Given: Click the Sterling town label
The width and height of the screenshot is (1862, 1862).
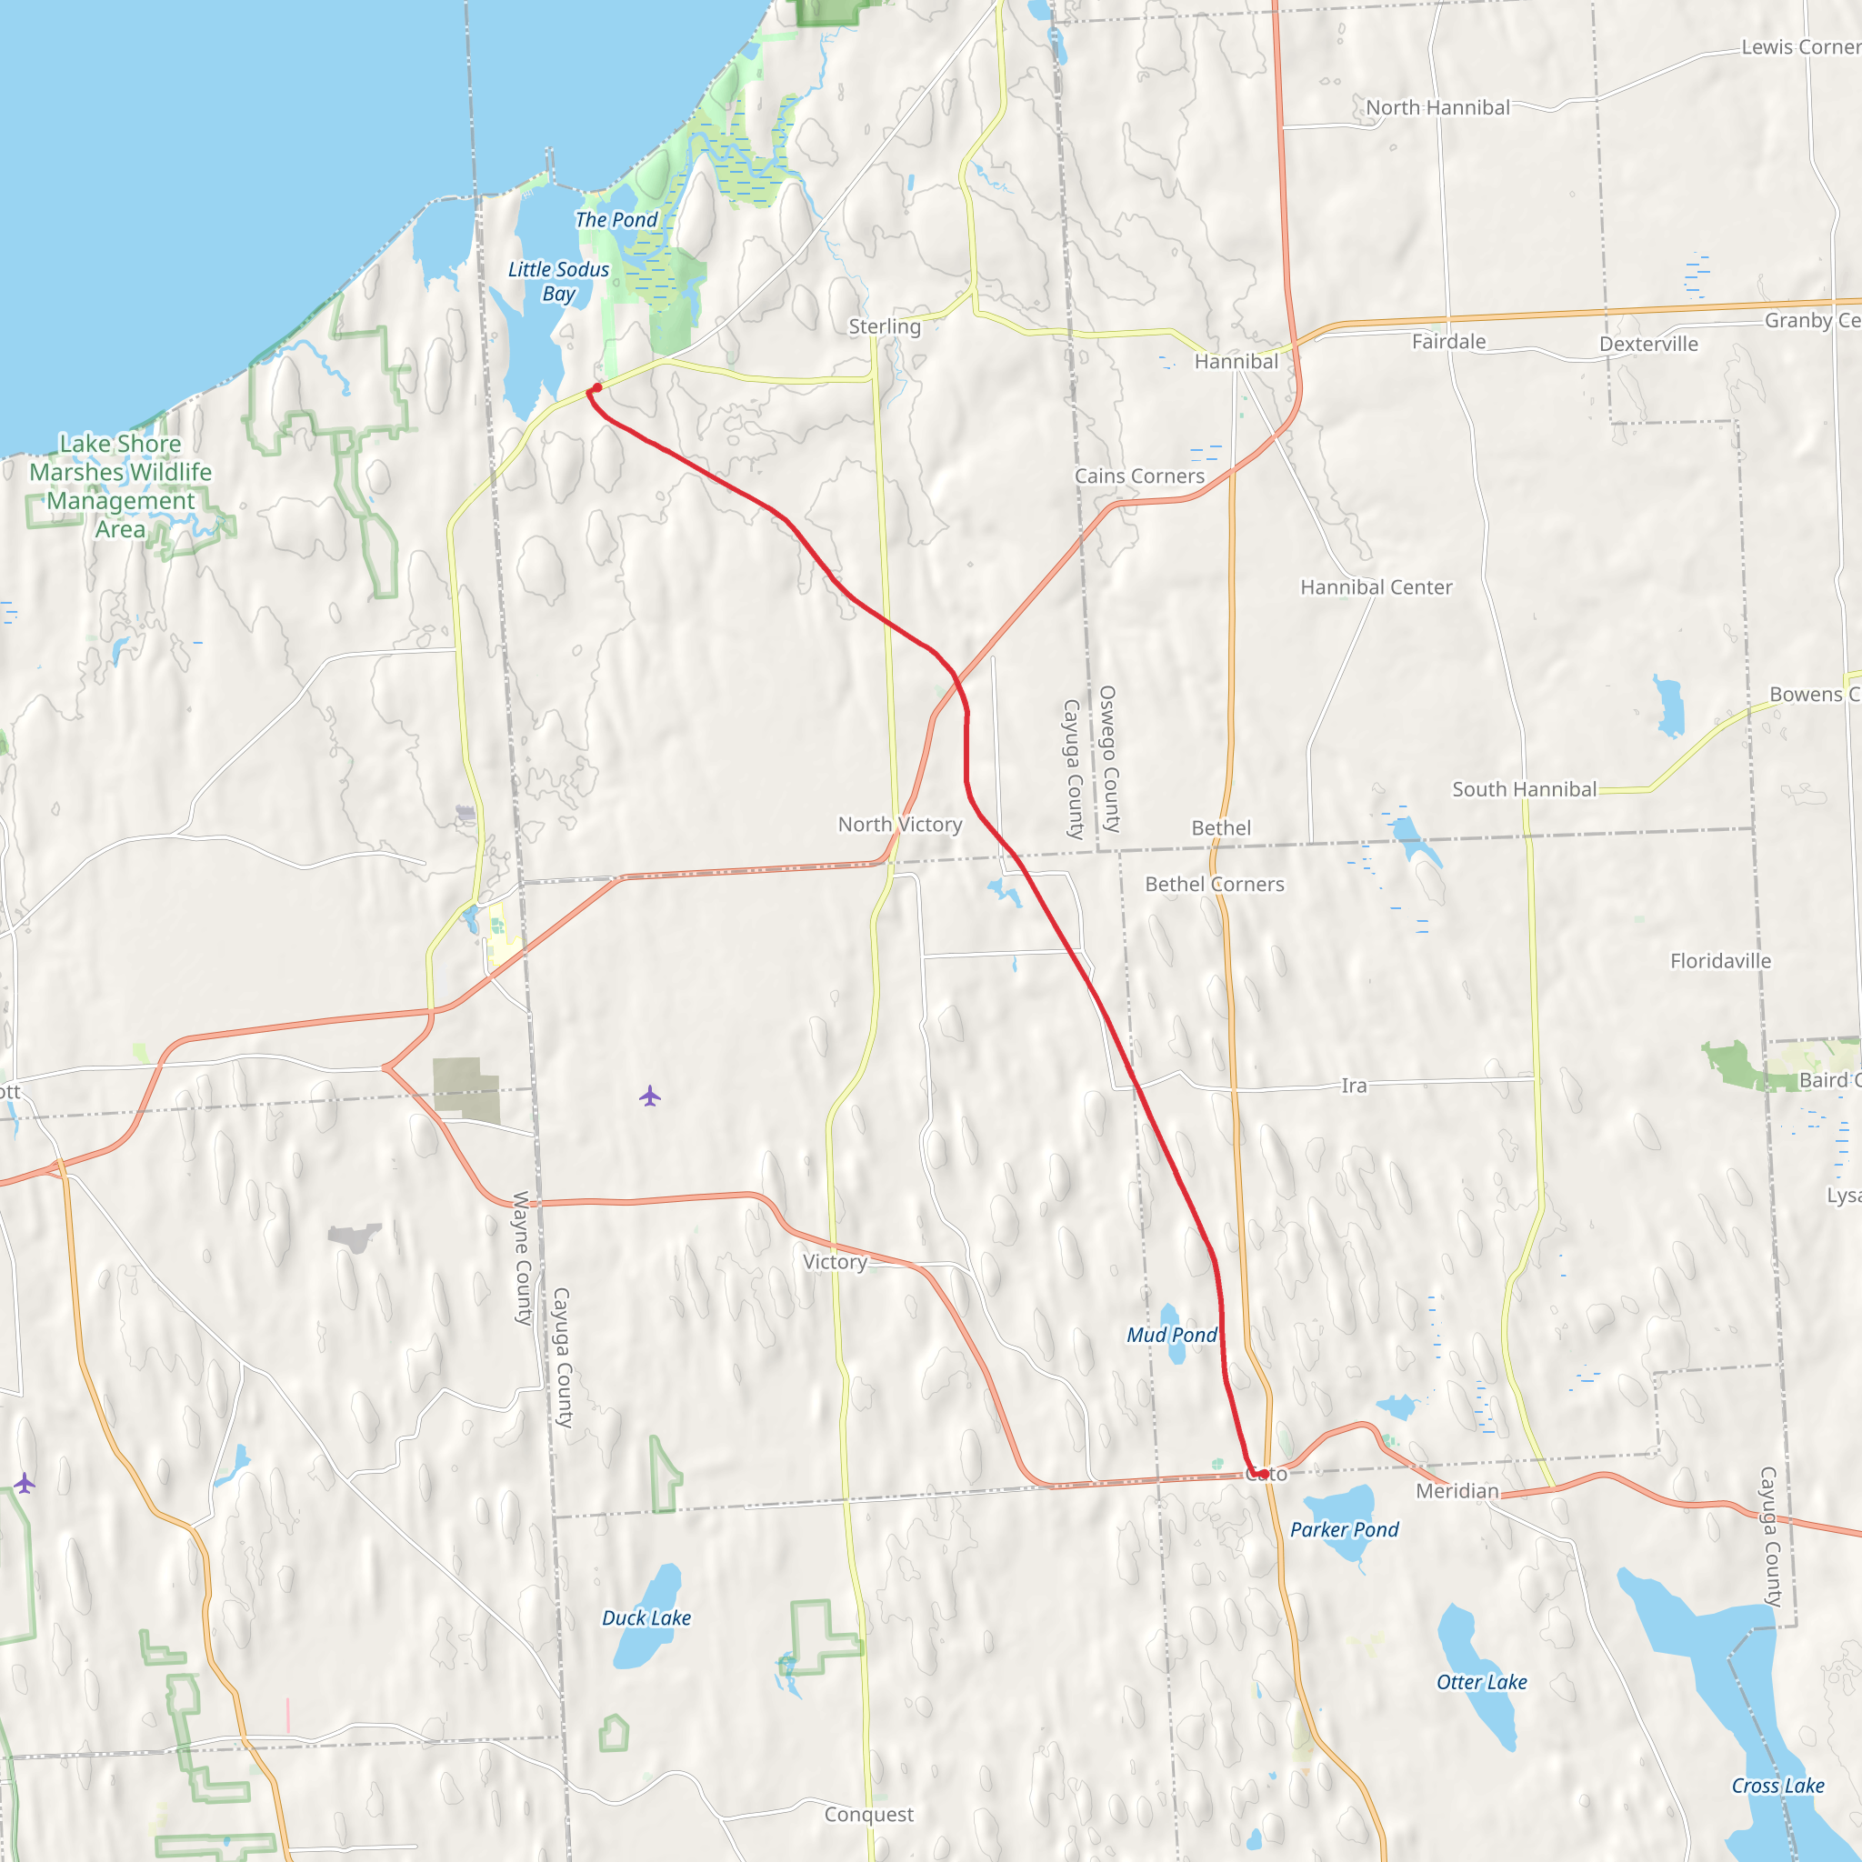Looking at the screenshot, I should coord(884,326).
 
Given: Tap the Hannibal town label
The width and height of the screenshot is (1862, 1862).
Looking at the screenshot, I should coord(1236,362).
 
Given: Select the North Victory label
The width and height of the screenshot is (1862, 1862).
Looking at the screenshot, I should coord(899,824).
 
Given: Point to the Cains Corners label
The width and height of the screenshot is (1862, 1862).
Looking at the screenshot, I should coord(1139,476).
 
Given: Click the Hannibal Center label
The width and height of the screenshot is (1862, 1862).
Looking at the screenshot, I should coord(1376,587).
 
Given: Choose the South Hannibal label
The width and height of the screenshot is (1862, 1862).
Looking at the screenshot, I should coord(1524,789).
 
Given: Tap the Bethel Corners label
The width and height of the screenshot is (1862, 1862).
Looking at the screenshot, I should coord(1215,884).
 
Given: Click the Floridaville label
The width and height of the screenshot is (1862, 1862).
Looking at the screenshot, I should coord(1720,961).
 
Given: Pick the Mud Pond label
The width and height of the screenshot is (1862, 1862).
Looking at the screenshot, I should coord(1172,1335).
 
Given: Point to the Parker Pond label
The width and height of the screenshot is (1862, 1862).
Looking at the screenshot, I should coord(1344,1529).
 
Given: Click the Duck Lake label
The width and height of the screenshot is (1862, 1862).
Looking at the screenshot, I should coord(646,1618).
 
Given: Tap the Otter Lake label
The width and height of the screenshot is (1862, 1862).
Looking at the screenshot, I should coord(1481,1682).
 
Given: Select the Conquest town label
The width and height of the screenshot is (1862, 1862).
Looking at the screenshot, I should coord(868,1814).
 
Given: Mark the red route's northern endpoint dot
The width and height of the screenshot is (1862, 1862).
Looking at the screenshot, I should coord(596,387).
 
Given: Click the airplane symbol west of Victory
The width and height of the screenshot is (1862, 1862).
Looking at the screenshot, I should coord(649,1096).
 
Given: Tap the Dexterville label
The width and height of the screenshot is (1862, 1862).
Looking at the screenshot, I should coord(1648,344).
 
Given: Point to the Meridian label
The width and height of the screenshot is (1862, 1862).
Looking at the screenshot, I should coord(1457,1491).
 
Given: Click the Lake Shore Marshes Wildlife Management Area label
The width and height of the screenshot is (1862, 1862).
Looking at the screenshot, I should coord(121,486).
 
